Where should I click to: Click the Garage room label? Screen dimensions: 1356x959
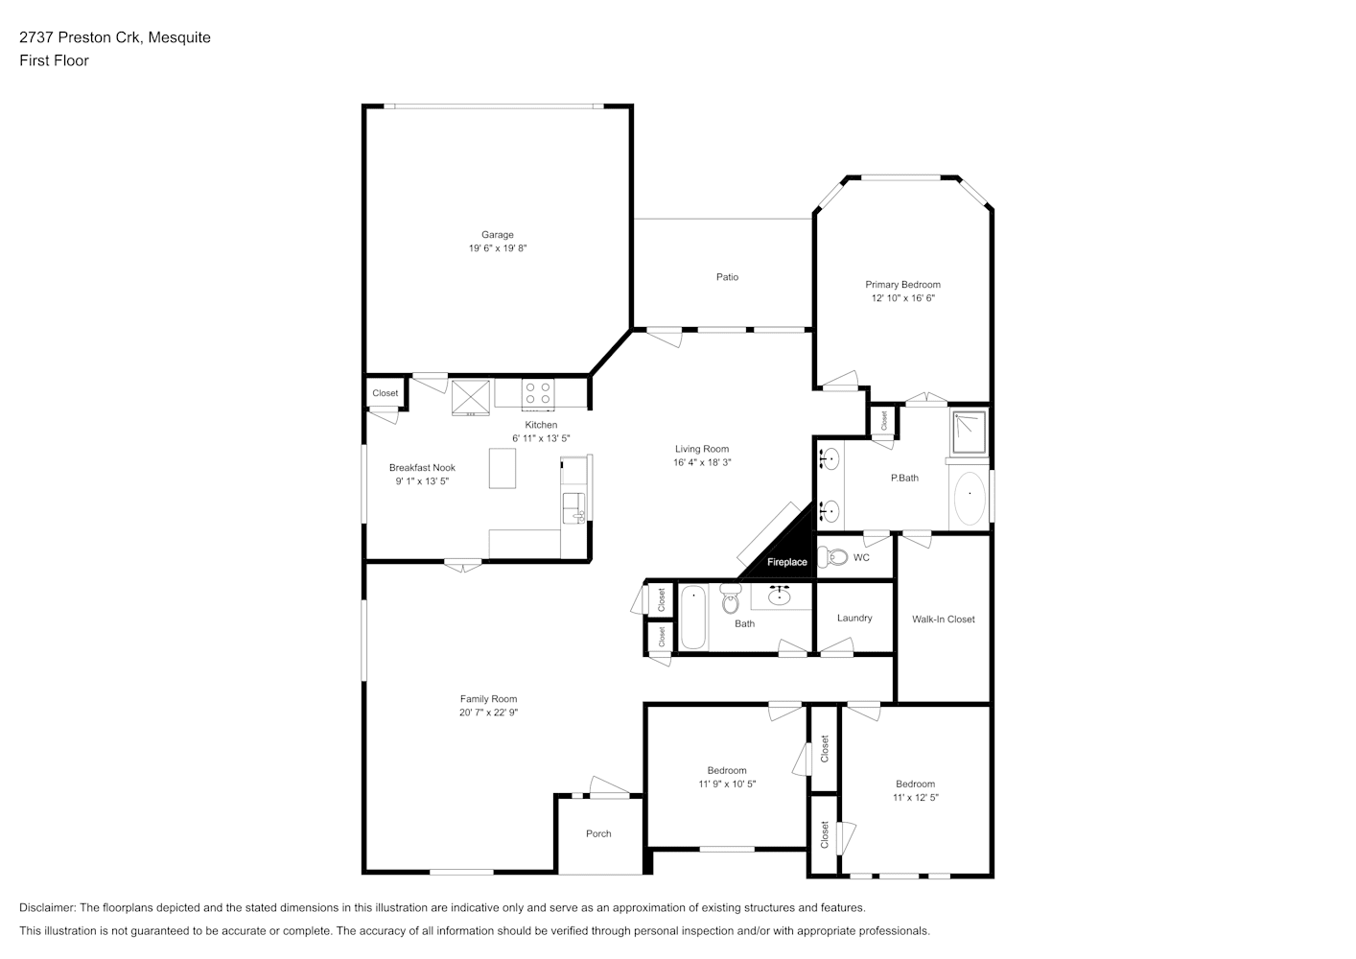tap(498, 234)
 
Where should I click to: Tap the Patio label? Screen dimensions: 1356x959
tap(727, 277)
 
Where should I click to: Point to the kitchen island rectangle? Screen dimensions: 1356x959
tap(503, 468)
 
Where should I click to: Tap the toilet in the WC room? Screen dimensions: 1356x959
tap(832, 556)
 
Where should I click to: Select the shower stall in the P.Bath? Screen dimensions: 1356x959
tap(970, 433)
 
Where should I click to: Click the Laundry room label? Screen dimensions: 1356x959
tap(854, 618)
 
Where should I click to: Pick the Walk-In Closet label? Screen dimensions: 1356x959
tap(943, 619)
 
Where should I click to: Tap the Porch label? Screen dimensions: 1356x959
tap(598, 833)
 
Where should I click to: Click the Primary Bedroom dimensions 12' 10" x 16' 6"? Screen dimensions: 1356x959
tap(902, 298)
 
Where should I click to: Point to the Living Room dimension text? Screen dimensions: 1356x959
tap(702, 462)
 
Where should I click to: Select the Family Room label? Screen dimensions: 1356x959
tap(488, 699)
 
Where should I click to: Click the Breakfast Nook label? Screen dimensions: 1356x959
tap(422, 467)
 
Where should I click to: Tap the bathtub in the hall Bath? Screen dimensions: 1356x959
tap(693, 618)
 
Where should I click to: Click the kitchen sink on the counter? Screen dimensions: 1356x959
tap(573, 507)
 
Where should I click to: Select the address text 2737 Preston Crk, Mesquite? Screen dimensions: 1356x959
tap(115, 37)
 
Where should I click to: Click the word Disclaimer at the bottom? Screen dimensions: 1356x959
tap(48, 907)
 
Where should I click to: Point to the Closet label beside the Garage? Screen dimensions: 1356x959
tap(385, 393)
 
